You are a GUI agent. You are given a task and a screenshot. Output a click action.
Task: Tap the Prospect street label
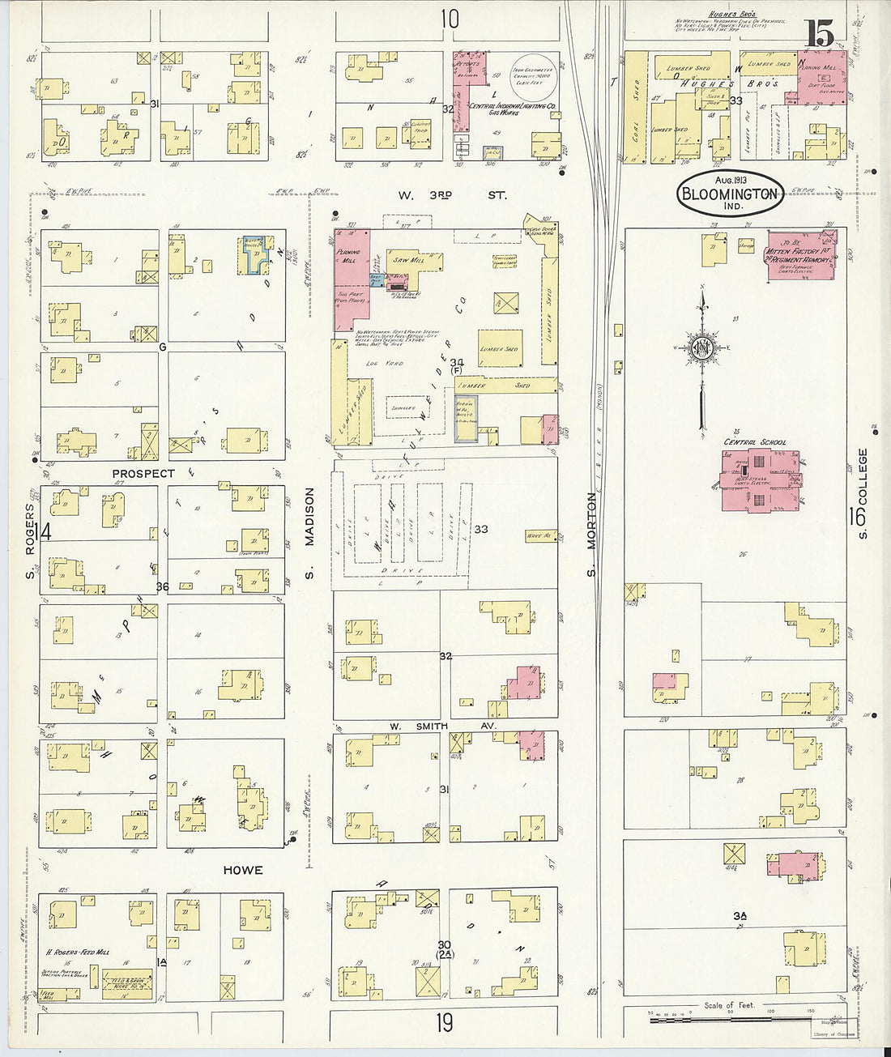pos(143,473)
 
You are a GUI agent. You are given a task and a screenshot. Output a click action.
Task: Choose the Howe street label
pos(243,870)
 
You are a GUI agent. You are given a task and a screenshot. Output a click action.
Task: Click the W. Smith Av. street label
pos(442,726)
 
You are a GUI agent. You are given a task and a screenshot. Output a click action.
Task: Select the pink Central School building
pos(759,479)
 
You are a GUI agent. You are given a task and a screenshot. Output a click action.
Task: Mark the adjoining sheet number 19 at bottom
pos(444,1023)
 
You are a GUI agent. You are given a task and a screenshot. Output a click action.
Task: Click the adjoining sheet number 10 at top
pos(450,18)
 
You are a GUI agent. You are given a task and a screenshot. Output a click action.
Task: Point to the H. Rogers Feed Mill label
pos(78,953)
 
